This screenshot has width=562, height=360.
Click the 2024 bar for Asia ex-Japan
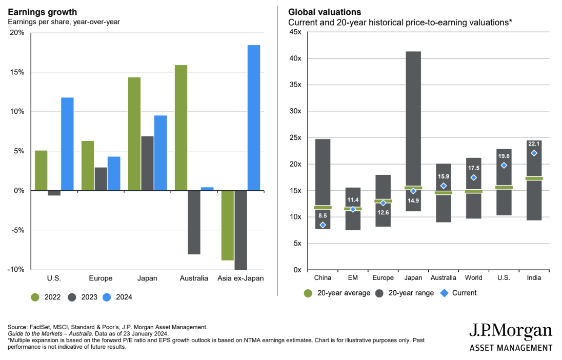pyautogui.click(x=254, y=117)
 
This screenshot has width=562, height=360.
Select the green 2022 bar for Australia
pyautogui.click(x=181, y=128)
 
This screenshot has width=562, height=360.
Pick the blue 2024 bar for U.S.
pyautogui.click(x=67, y=144)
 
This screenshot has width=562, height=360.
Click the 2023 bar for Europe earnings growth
pyautogui.click(x=101, y=179)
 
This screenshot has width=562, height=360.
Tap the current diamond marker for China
pyautogui.click(x=323, y=225)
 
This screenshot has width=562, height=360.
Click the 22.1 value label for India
pyautogui.click(x=534, y=144)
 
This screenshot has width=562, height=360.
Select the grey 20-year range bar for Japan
pyautogui.click(x=413, y=118)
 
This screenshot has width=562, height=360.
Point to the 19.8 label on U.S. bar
pyautogui.click(x=504, y=155)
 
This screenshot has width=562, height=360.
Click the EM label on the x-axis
pyautogui.click(x=353, y=278)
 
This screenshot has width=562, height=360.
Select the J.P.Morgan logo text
pyautogui.click(x=511, y=330)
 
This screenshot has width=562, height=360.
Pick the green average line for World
pyautogui.click(x=474, y=191)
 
